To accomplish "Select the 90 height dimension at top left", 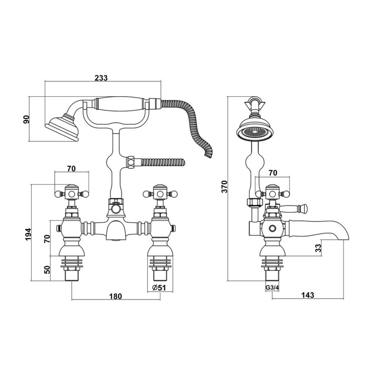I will coord(27,119).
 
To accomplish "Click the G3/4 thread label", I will coord(272,288).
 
